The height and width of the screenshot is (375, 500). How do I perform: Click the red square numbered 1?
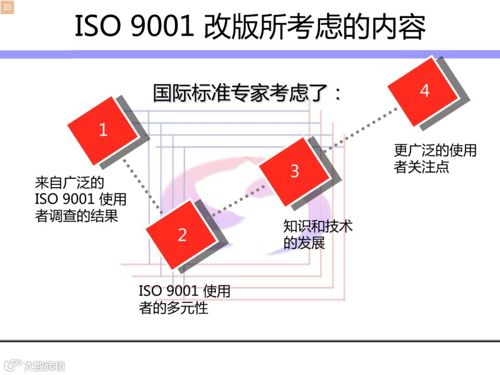(103, 130)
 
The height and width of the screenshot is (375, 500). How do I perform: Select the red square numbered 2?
(181, 235)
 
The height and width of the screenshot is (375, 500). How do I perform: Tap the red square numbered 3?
(294, 171)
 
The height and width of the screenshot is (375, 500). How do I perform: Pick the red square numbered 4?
(424, 91)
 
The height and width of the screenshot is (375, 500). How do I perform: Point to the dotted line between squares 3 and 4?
(361, 130)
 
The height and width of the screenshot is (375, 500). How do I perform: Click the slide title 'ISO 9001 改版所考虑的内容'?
(250, 26)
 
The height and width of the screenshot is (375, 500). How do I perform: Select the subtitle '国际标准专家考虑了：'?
(248, 93)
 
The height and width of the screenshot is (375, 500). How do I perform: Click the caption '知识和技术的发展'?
(318, 234)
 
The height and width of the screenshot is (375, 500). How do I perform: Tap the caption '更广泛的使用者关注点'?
(435, 158)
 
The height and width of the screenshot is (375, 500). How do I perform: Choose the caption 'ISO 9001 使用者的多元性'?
(184, 299)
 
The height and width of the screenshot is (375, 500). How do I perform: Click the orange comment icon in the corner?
(7, 7)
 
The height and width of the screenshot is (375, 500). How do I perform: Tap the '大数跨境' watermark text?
(44, 365)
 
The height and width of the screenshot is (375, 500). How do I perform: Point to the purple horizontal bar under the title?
(250, 54)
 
